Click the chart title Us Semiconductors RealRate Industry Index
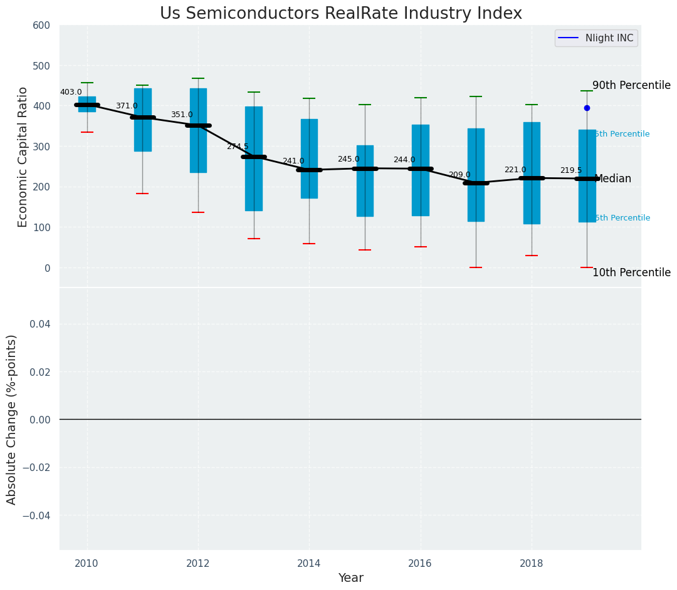pos(340,14)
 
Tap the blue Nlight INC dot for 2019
pos(587,108)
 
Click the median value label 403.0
pos(71,92)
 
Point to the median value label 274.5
pos(238,147)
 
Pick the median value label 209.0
pos(459,175)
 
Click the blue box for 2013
pos(254,158)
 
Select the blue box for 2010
pos(87,104)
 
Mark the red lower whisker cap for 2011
pos(142,194)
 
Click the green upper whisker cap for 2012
pos(198,78)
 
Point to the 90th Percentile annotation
pos(631,85)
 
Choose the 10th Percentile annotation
pos(631,272)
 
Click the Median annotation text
pos(612,179)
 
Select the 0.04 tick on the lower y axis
pos(41,324)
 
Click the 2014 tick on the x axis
pos(309,564)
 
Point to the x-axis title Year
pos(350,578)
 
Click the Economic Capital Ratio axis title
pos(23,157)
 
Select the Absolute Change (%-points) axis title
pos(12,419)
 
